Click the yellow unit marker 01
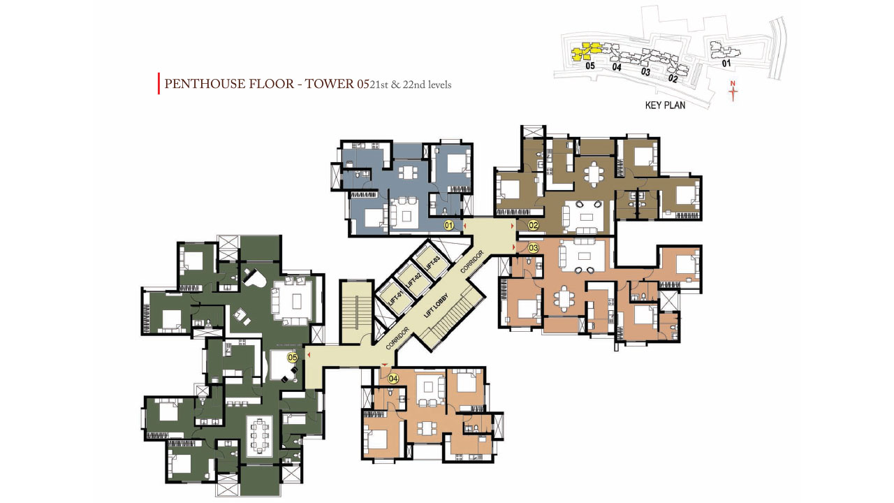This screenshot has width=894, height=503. point(449,226)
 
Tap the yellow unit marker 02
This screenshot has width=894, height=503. point(533,226)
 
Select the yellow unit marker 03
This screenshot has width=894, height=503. point(533,248)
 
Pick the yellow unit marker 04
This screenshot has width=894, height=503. point(393,379)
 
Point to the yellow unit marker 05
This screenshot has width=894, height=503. point(293,357)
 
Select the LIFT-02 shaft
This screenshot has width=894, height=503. point(414,280)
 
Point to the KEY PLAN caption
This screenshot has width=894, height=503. point(666,105)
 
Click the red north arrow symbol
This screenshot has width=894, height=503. point(733,92)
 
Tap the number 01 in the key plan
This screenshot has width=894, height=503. point(726,63)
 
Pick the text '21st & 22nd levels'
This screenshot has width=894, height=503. point(411,85)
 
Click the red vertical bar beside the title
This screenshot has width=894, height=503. point(159,83)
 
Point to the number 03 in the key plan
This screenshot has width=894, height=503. point(645,72)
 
